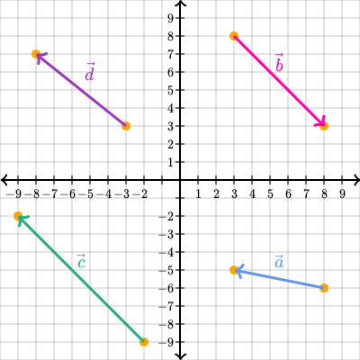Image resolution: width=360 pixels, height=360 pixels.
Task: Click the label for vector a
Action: pos(279,261)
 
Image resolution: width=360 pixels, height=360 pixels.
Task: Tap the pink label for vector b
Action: pos(279,63)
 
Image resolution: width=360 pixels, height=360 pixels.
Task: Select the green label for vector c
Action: pos(81,261)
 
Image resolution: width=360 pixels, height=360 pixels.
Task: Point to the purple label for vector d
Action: pos(90,72)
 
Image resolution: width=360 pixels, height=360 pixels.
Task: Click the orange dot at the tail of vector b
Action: pos(234,36)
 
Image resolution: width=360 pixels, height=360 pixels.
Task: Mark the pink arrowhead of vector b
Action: pos(321,122)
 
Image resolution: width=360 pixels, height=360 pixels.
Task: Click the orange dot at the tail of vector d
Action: pos(126,126)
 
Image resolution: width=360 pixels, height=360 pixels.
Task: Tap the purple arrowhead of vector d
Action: pos(40,57)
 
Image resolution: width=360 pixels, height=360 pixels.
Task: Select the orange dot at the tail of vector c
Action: pos(144,342)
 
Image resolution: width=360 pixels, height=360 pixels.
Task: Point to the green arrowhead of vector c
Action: pos(22,220)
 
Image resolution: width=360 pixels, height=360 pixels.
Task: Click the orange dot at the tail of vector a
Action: pos(324,288)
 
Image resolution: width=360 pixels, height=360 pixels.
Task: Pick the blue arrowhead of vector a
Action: pos(239,271)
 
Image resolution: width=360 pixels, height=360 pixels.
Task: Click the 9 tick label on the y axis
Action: pos(171,18)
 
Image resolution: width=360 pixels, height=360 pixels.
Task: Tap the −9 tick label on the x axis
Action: pos(14,194)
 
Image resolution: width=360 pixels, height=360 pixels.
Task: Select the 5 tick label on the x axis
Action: pos(270,194)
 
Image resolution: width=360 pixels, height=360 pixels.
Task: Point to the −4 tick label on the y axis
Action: pos(166,252)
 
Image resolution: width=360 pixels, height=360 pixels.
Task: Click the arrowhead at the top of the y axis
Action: pos(180,4)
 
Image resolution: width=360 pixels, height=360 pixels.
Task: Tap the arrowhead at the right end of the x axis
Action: pos(356,180)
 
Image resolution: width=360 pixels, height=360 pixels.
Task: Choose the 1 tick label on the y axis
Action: pos(171,162)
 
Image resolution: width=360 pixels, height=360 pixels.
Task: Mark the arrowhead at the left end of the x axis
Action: pos(4,180)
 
